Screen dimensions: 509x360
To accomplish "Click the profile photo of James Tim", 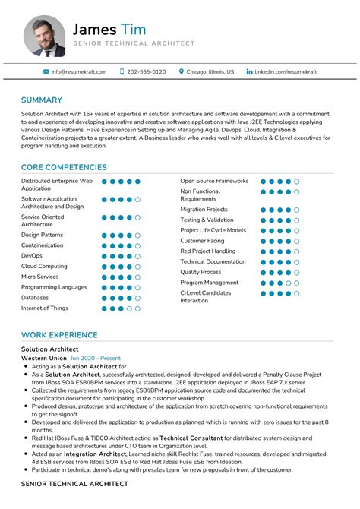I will tap(44, 36).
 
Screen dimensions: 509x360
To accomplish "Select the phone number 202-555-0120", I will tap(147, 71).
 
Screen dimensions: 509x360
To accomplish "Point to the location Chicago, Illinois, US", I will tap(210, 71).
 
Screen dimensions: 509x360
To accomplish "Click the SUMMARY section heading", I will tap(41, 100).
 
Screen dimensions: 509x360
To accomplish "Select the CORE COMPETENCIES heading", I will tap(64, 167).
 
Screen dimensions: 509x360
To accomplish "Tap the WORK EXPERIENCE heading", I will tap(59, 335).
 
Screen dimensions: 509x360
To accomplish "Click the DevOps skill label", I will tap(32, 256).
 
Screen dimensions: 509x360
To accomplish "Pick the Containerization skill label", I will tap(43, 245).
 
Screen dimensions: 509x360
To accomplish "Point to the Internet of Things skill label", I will tap(45, 308).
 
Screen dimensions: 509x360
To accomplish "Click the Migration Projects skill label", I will tap(204, 209).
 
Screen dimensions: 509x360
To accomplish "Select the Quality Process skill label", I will tap(201, 272).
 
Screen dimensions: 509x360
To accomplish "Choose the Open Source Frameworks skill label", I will tap(214, 181).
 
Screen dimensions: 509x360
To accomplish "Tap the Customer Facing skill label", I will tap(202, 241).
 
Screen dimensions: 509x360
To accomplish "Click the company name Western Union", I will tap(43, 357).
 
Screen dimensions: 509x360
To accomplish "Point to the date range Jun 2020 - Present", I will tap(95, 357).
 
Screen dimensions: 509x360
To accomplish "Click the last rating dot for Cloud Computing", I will tap(137, 267).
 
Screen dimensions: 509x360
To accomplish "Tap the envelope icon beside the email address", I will tap(46, 71).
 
